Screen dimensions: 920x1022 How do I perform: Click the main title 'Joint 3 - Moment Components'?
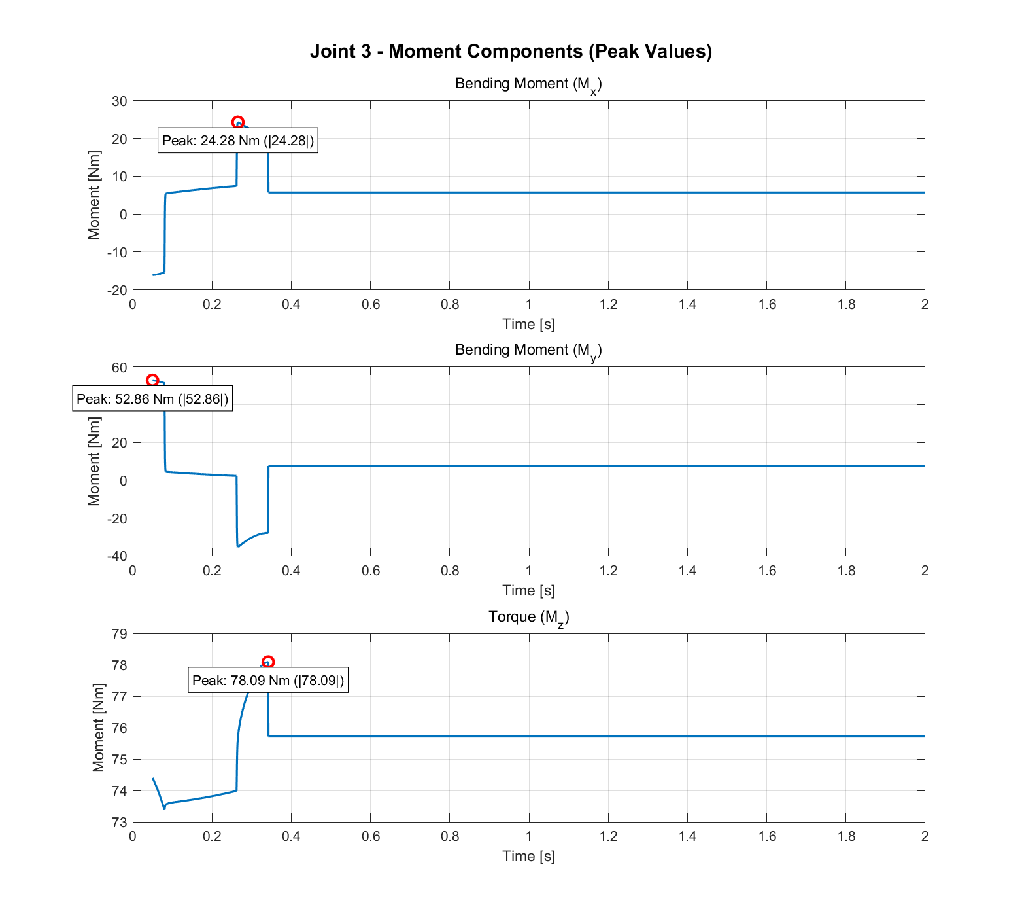pos(511,52)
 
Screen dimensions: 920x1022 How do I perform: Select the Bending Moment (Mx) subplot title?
pos(528,84)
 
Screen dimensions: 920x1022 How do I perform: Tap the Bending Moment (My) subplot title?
pos(528,351)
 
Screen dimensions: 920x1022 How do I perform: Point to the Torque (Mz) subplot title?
pos(528,618)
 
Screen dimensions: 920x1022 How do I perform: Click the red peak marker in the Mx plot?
pos(238,122)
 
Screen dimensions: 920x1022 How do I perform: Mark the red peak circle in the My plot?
pos(152,380)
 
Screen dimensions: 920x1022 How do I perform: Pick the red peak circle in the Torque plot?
pos(268,662)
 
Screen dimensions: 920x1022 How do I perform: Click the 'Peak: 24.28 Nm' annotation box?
pos(238,141)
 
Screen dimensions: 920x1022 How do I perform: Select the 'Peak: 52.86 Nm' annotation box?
pos(152,399)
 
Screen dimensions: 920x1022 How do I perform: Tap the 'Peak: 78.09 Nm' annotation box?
pos(268,681)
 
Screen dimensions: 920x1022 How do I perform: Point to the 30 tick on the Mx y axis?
pos(119,101)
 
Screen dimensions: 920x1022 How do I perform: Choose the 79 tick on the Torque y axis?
pos(119,634)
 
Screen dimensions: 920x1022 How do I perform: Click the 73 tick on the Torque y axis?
pos(119,823)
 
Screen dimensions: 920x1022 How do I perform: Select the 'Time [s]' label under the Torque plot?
pos(528,857)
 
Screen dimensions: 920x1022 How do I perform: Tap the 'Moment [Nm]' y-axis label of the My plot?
pos(94,461)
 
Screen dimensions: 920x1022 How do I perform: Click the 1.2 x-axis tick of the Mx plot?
pos(608,304)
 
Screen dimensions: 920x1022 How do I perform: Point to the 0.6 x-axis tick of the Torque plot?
pos(371,836)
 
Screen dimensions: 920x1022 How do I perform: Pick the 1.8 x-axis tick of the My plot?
pos(846,571)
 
